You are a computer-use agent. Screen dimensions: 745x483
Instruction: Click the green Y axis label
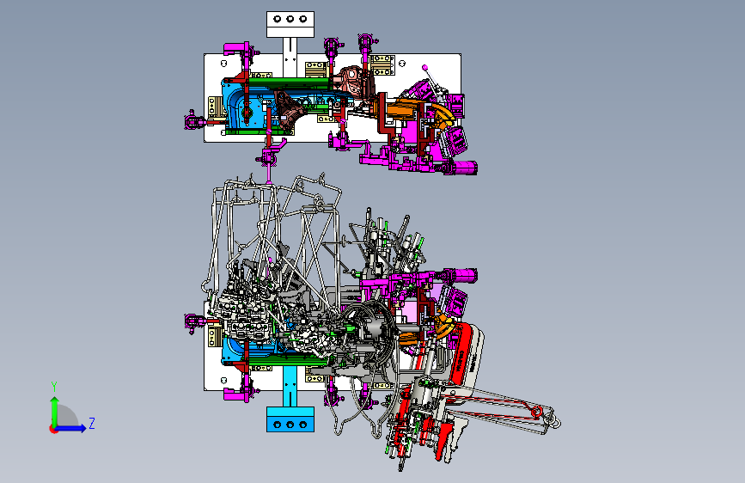[54, 387]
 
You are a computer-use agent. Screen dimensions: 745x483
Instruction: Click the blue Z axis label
[92, 423]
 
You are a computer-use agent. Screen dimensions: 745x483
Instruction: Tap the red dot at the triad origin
[53, 429]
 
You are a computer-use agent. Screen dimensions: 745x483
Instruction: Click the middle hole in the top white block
[290, 19]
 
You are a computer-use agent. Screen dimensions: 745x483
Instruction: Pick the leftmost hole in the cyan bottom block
[278, 425]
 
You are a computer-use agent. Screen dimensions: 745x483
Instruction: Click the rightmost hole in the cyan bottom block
[303, 425]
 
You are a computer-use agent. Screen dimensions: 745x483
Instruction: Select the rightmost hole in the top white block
[303, 19]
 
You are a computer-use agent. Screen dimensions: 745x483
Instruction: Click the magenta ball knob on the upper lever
[424, 68]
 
